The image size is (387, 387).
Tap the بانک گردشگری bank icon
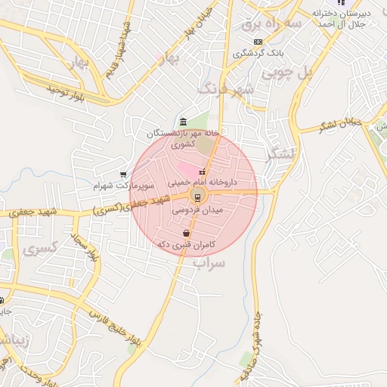(259, 42)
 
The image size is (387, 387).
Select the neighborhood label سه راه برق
(271, 25)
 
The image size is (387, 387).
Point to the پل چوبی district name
(287, 73)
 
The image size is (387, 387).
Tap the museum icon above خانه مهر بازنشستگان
(183, 122)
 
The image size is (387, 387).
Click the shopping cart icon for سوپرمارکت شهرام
(122, 174)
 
